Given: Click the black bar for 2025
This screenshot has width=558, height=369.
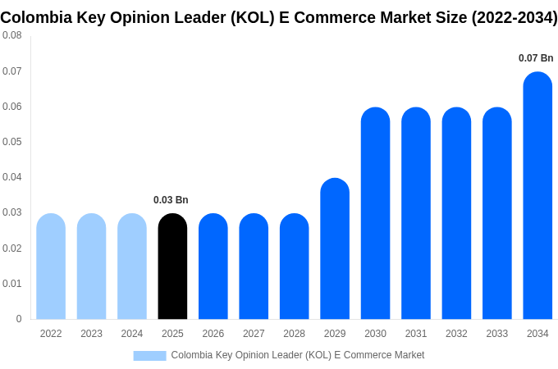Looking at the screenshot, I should tap(172, 266).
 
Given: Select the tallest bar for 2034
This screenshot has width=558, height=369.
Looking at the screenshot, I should tap(537, 197).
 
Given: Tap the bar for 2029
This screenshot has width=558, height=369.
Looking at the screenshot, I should tap(335, 249).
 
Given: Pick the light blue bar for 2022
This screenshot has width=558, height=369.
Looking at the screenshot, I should tap(51, 266).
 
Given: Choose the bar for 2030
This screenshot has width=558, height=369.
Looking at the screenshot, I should tap(375, 213).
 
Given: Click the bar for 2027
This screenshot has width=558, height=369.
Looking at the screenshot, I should tap(254, 266).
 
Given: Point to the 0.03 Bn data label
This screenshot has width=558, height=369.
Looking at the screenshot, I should tap(171, 200).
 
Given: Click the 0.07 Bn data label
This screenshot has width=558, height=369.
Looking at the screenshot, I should tap(536, 58).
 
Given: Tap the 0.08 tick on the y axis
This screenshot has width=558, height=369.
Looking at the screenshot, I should tap(12, 35).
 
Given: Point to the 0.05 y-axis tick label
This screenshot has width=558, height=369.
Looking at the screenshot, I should tap(12, 142).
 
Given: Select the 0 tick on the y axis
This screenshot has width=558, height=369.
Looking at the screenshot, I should tap(19, 319).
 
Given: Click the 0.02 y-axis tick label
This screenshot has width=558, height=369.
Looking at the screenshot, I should tap(12, 248).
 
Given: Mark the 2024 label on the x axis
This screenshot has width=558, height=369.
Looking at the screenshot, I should tap(132, 334).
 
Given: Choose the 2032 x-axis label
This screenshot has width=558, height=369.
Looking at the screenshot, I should tap(456, 334).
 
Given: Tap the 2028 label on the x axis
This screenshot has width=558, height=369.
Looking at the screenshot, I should tap(294, 334).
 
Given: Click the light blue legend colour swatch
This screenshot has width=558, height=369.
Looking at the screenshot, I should tap(149, 355).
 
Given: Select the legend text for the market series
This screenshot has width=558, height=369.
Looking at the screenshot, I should tap(298, 355).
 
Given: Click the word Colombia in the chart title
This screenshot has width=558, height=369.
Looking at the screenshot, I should tap(36, 18).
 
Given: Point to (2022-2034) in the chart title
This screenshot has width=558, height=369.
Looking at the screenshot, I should tap(515, 18).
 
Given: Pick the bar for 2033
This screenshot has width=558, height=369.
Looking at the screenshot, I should tap(497, 213).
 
